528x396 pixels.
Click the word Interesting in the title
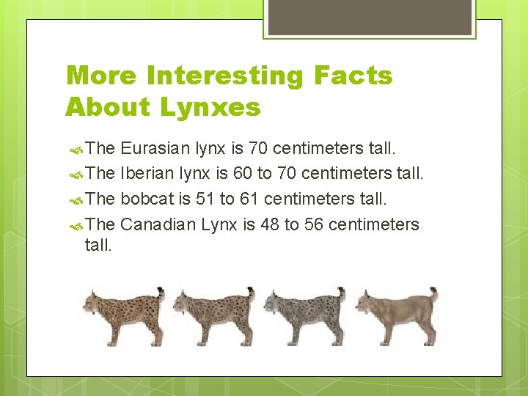click(x=230, y=76)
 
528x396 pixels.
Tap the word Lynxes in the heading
click(x=211, y=107)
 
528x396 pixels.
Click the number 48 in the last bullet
click(x=269, y=224)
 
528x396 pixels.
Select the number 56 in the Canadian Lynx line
click(x=314, y=224)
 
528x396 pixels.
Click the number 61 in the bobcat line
click(x=251, y=199)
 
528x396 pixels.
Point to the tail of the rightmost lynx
click(x=433, y=295)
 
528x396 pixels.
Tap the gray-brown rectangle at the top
click(x=368, y=17)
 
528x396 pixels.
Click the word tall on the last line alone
click(x=99, y=245)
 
